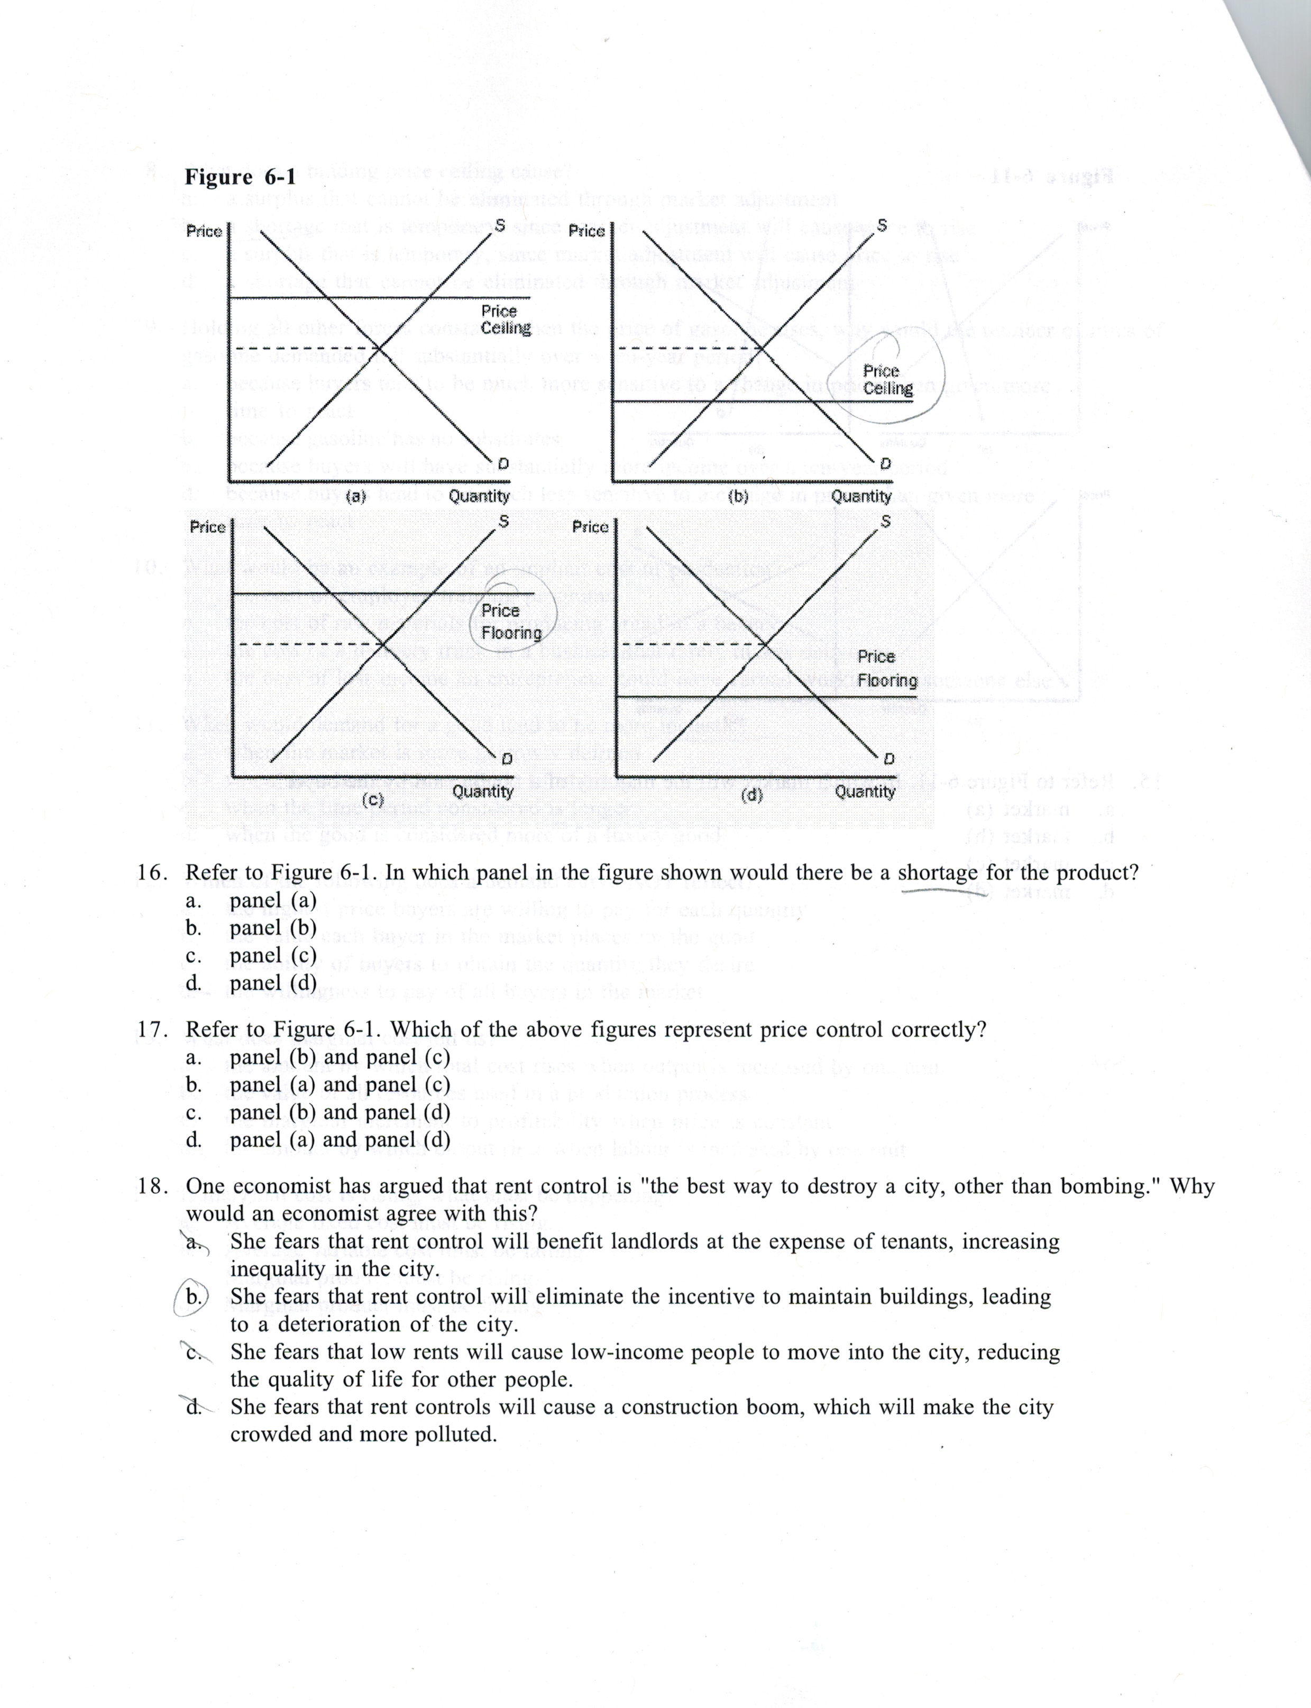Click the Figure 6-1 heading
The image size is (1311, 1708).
coord(240,177)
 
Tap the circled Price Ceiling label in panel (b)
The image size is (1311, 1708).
coord(887,379)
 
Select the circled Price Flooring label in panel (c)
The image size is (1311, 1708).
coord(511,622)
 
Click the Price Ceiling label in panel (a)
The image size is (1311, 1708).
coord(506,320)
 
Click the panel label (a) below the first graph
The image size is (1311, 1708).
coord(356,496)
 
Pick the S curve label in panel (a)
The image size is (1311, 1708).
coord(500,225)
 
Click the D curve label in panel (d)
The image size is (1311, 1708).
coord(888,759)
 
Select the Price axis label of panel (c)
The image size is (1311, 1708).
coord(208,527)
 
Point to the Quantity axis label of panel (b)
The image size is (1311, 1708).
coord(861,496)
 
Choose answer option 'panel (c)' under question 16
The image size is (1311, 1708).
coord(273,955)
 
